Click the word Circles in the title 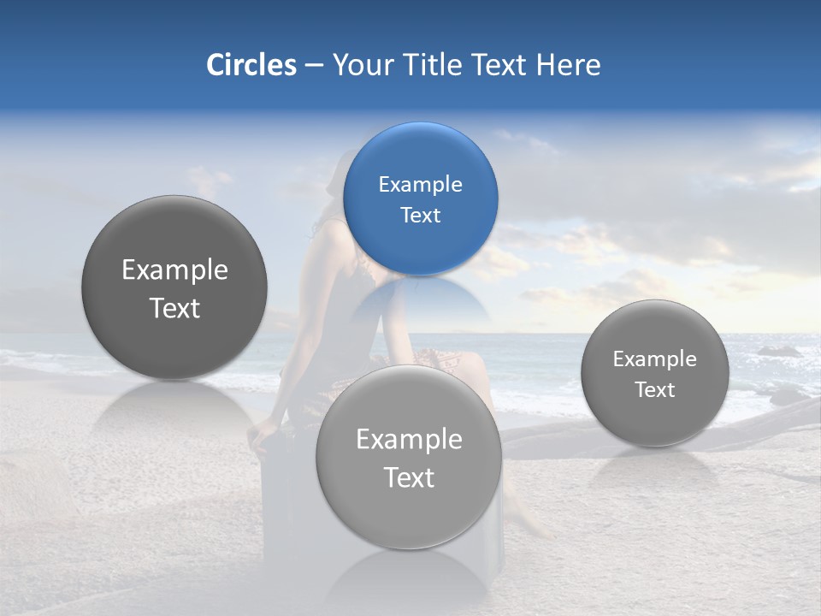[251, 65]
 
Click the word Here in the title [569, 65]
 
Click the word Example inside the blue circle [420, 184]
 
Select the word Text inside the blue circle [420, 215]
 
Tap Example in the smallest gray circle [654, 358]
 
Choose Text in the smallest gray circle [654, 389]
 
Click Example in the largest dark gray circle [174, 269]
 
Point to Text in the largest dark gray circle [174, 308]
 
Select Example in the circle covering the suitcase [409, 439]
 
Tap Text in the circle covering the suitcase [409, 477]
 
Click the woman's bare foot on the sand [534, 527]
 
